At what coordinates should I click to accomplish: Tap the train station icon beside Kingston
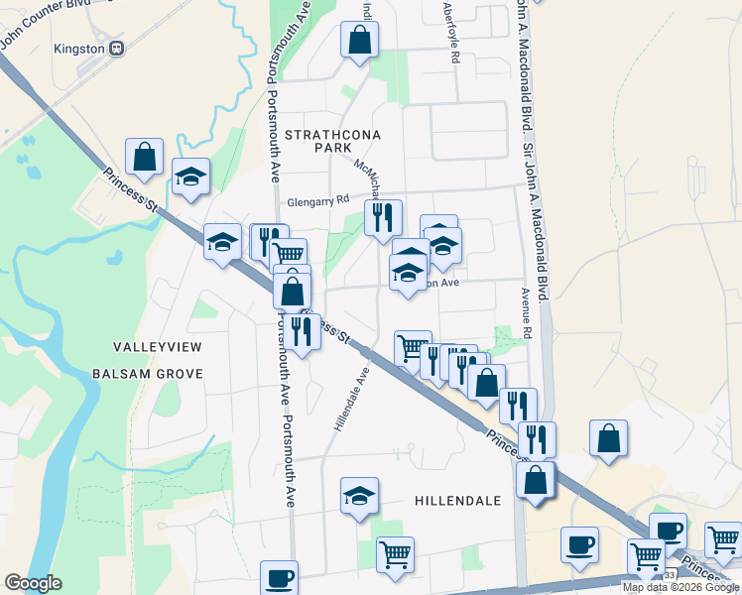[x=117, y=48]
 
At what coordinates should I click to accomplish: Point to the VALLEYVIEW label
[x=157, y=347]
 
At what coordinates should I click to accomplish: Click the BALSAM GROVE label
[x=147, y=374]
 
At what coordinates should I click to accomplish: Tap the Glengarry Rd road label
[x=318, y=199]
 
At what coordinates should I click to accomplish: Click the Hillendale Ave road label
[x=351, y=400]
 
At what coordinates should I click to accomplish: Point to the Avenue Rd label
[x=526, y=312]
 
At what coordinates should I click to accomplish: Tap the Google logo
[x=33, y=583]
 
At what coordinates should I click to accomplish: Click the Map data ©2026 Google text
[x=680, y=587]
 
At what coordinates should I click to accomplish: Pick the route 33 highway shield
[x=669, y=574]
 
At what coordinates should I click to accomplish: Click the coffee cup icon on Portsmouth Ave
[x=279, y=578]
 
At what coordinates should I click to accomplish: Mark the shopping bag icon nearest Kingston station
[x=145, y=157]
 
